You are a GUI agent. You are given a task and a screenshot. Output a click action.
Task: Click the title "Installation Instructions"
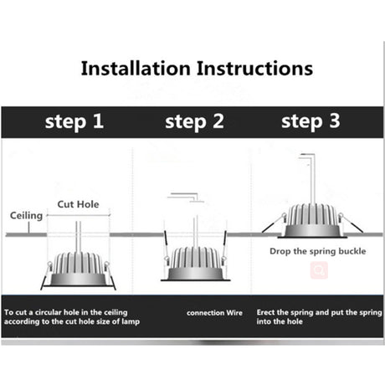197,69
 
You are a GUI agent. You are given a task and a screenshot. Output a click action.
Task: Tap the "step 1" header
74,122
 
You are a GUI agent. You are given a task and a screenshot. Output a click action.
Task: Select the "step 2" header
194,122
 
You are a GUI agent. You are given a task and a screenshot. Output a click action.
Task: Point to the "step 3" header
311,121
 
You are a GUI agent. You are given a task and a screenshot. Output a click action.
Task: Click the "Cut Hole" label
78,204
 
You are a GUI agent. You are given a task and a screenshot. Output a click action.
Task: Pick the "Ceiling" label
26,216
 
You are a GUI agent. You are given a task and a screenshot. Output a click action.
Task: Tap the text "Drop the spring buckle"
318,251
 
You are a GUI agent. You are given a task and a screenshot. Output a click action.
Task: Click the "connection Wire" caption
214,313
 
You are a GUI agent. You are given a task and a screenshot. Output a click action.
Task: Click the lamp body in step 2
195,264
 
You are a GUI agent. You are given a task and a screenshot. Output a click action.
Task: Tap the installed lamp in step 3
312,221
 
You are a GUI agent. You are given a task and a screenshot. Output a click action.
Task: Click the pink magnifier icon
319,270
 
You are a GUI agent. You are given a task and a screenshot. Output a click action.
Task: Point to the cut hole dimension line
79,215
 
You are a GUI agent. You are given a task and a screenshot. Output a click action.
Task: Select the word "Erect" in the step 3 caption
265,312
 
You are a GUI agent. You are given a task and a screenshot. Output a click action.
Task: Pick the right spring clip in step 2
224,247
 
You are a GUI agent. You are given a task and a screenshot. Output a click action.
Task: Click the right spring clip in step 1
110,275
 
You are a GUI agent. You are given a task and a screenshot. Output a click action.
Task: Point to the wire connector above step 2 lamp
186,198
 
